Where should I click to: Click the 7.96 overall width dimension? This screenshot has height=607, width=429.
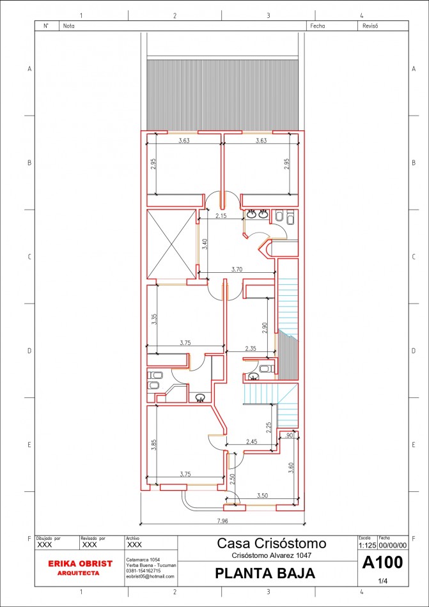[222, 522]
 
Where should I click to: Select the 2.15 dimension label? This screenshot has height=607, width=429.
[221, 216]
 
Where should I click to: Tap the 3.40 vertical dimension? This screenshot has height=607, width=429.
[204, 244]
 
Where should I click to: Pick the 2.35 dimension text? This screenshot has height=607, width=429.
[251, 348]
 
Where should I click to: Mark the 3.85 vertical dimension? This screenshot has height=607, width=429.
[153, 445]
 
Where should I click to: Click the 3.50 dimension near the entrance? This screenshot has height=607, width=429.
[261, 495]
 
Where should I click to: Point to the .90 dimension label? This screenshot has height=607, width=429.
[290, 435]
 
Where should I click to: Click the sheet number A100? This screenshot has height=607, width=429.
[382, 563]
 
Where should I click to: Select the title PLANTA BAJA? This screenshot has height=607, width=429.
[265, 574]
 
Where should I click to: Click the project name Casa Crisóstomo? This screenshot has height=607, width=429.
[272, 544]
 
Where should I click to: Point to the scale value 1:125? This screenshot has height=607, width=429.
[367, 546]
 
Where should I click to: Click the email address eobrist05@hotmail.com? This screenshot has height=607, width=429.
[150, 576]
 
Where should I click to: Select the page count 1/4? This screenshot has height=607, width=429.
[383, 581]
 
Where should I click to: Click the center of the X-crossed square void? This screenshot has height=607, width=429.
[171, 244]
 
